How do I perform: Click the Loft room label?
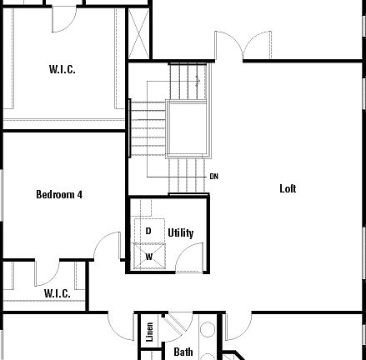point(288,189)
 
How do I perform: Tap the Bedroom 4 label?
point(58,195)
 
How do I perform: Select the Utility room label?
point(180,232)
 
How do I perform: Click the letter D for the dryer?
point(148,231)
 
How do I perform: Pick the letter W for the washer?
point(149,257)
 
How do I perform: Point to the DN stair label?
point(213,177)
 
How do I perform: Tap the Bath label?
point(183,352)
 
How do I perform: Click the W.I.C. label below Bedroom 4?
point(57,293)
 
